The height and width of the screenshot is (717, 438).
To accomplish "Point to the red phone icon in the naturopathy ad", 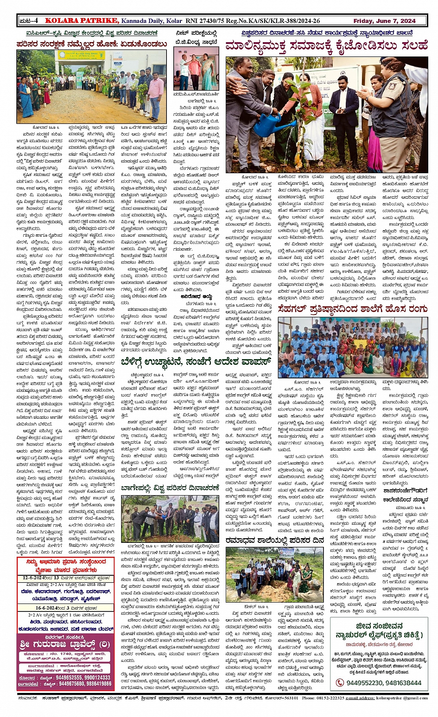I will pos(340,683).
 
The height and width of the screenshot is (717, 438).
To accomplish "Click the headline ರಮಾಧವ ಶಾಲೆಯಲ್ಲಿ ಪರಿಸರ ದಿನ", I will pos(275,540).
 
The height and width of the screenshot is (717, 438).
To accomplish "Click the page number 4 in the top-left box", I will pos(36,21).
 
